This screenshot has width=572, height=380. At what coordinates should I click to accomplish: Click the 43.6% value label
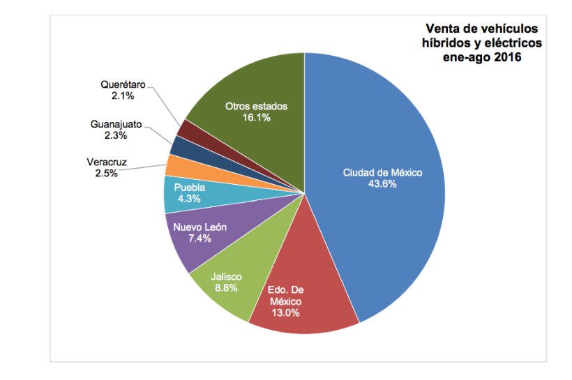point(382,184)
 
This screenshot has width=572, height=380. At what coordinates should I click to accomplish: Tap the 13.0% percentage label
point(285,312)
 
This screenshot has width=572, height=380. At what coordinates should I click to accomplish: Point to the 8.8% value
point(226,288)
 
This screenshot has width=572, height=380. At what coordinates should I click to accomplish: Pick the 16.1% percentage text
point(256,118)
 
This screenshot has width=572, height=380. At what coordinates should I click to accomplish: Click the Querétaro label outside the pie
point(123,84)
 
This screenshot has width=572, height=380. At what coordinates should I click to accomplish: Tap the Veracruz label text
point(107,162)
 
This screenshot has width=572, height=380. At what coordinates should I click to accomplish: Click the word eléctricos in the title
point(509,43)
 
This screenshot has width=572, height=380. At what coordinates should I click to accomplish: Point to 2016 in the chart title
point(508,57)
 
